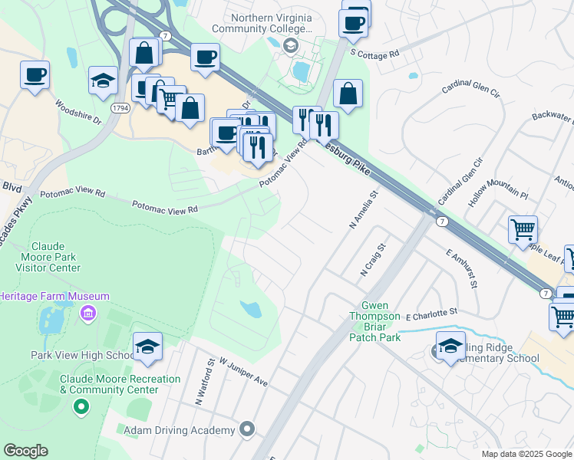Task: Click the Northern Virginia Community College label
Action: [x=272, y=24]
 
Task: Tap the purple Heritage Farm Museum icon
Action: [x=87, y=313]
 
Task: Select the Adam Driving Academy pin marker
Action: [x=246, y=429]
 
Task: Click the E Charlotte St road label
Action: [x=431, y=313]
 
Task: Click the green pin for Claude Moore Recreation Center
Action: [x=80, y=407]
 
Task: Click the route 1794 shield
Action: [x=120, y=109]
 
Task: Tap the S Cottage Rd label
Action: [x=374, y=54]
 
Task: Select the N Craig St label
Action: [x=372, y=261]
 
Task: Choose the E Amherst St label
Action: [x=461, y=268]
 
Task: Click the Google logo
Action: [x=25, y=451]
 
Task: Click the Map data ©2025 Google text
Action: [x=526, y=454]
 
